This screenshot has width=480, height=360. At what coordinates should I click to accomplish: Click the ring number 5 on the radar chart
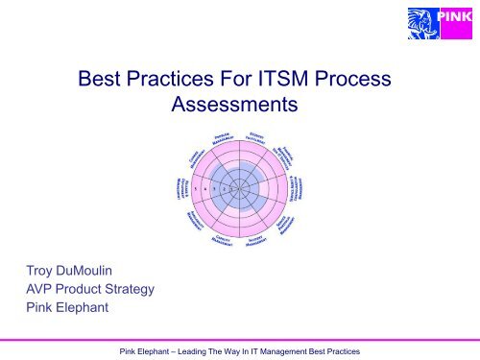(195, 189)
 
